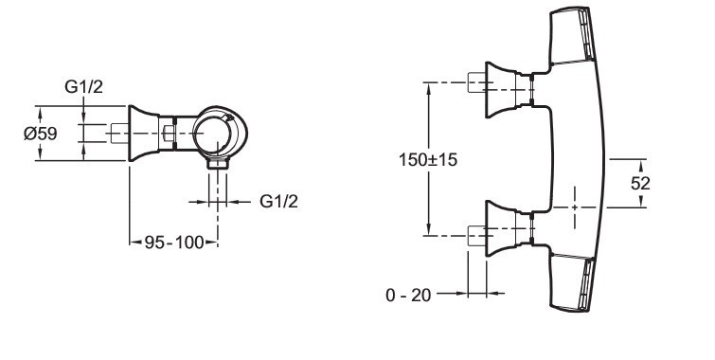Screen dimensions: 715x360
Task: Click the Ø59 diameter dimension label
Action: [41, 134]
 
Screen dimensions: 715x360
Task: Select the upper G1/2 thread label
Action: [84, 86]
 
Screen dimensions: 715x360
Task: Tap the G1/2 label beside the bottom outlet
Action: [278, 201]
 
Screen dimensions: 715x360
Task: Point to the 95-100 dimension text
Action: [173, 243]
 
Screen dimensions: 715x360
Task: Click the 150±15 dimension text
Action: [428, 160]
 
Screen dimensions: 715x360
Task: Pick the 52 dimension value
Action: [640, 183]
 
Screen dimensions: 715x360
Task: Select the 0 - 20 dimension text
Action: [408, 296]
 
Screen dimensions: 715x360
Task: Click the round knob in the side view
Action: [220, 133]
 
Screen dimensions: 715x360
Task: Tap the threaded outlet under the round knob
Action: [218, 163]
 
